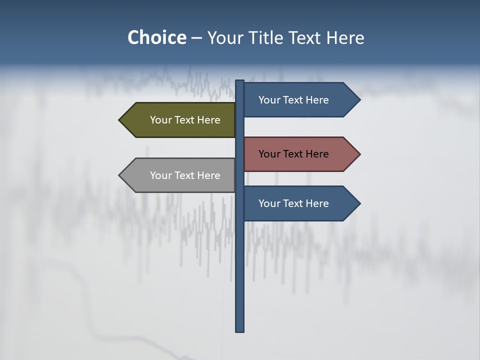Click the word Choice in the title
156,37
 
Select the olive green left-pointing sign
180,120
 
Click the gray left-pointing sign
180,175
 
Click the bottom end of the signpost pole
240,330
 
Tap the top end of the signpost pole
240,81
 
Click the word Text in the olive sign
185,120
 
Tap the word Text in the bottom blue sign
293,203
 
